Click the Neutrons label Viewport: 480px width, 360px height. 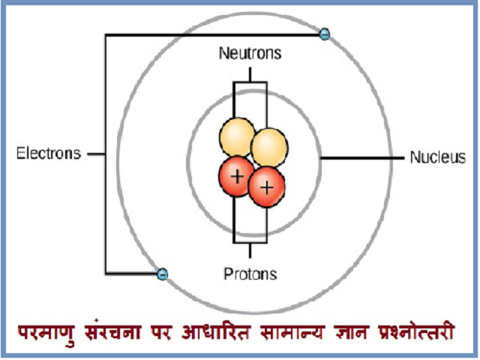tap(250, 53)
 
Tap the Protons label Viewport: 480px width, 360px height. tap(250, 274)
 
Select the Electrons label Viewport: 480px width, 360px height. tap(49, 153)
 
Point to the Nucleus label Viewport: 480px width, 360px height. tap(438, 157)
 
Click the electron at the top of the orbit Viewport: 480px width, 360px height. tap(325, 34)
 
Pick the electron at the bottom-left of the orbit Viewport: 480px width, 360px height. tap(162, 273)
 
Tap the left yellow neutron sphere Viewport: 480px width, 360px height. tap(237, 137)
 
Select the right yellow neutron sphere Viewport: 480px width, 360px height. tap(269, 148)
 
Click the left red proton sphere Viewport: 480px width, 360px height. tap(236, 177)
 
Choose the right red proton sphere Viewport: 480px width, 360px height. tap(267, 187)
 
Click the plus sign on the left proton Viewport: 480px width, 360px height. tap(237, 177)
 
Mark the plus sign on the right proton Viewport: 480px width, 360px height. tap(267, 187)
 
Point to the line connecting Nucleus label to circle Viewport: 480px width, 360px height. tap(362, 158)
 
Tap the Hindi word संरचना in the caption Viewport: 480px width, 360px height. tap(112, 331)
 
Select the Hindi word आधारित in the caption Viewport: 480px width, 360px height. tap(216, 331)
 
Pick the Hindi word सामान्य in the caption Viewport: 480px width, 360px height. tap(292, 331)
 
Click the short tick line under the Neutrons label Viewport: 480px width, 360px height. tap(250, 75)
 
